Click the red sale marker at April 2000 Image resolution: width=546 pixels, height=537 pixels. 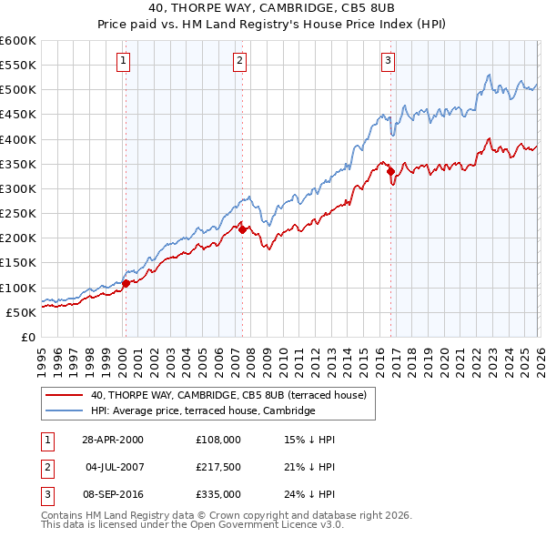click(126, 283)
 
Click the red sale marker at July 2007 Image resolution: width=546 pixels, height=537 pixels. click(242, 229)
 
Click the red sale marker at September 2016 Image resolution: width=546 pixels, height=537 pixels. click(390, 171)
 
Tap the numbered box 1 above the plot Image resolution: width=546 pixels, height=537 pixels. click(123, 61)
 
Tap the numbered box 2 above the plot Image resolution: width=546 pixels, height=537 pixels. click(239, 61)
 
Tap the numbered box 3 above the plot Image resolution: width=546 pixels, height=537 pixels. click(388, 61)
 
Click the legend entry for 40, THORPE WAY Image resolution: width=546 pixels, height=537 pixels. click(227, 395)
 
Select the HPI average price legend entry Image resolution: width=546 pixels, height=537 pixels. click(202, 411)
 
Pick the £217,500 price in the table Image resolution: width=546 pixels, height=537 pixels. click(218, 467)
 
